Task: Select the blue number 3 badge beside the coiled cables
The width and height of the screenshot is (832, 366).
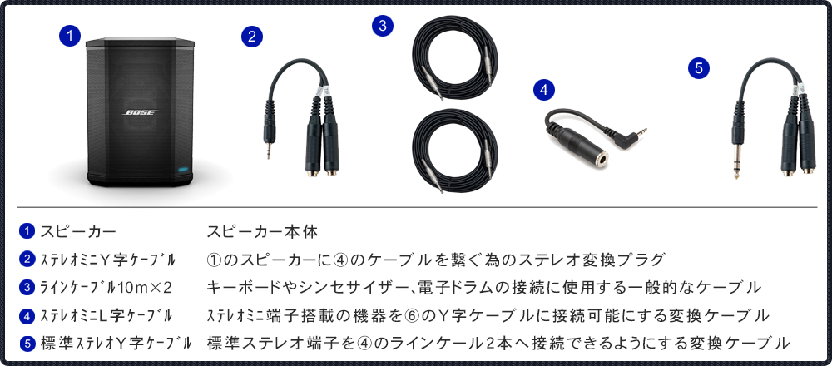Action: coord(382,26)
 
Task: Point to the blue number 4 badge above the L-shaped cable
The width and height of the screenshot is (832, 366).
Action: coord(543,89)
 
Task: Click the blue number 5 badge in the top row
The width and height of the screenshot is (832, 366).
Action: coord(698,68)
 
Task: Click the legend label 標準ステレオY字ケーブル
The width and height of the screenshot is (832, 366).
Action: coord(116,342)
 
